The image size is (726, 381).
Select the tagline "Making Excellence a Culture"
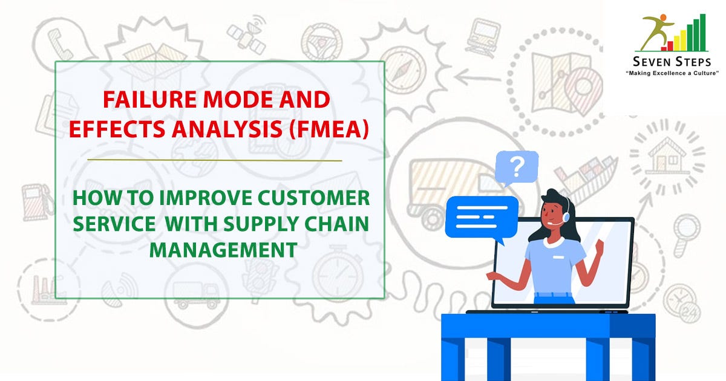(672, 73)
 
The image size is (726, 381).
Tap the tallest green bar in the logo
(702, 33)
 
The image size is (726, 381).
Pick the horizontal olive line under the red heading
(215, 160)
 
